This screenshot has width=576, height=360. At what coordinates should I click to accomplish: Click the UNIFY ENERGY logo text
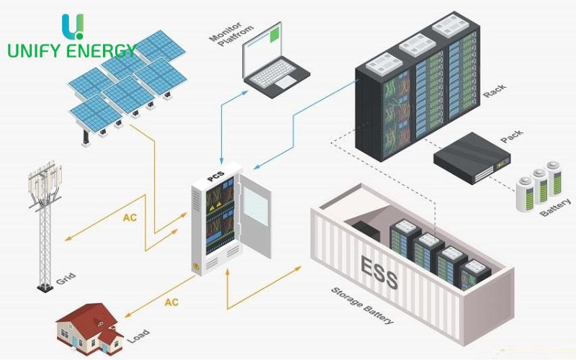[71, 50]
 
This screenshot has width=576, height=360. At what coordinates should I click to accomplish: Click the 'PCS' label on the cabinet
[215, 178]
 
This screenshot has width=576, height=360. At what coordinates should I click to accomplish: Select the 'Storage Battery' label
[362, 307]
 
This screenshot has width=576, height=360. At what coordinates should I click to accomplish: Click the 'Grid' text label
[68, 276]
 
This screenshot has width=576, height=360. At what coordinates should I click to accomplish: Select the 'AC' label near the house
[171, 302]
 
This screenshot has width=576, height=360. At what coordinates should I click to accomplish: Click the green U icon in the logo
[73, 25]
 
